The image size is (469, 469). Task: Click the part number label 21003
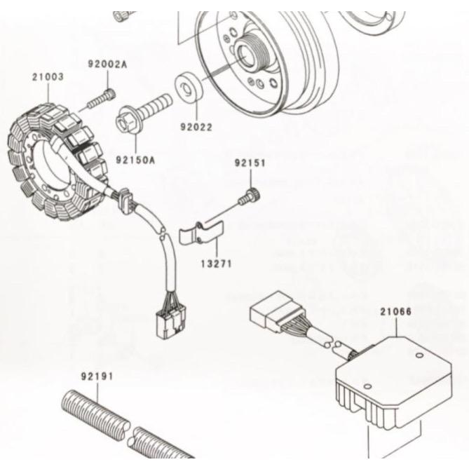[x=47, y=75]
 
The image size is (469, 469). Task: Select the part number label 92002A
[x=107, y=64]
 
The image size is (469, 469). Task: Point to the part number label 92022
[x=196, y=128]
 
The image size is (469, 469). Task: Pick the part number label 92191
[x=97, y=376]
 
